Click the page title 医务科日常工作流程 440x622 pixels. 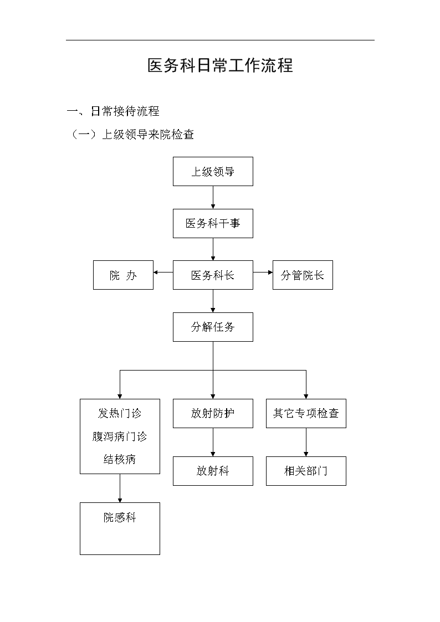click(x=220, y=65)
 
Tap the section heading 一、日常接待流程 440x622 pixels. click(x=113, y=111)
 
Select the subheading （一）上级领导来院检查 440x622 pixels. click(x=131, y=135)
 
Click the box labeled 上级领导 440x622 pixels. click(x=213, y=171)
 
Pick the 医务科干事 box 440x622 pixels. click(x=213, y=223)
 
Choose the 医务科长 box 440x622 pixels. click(x=213, y=275)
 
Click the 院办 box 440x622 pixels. click(x=124, y=275)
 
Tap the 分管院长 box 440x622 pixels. click(x=303, y=275)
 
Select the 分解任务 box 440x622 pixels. click(x=213, y=327)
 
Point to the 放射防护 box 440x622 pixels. click(x=213, y=413)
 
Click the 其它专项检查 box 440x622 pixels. click(x=306, y=413)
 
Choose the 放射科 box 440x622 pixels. click(x=213, y=471)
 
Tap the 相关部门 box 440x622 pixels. click(x=306, y=471)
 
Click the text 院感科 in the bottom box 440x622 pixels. click(x=120, y=517)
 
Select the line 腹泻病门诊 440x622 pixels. click(x=120, y=436)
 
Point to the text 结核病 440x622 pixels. click(x=120, y=459)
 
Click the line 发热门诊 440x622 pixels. click(x=120, y=413)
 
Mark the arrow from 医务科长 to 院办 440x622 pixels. click(x=163, y=272)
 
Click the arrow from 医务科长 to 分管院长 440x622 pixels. click(x=263, y=272)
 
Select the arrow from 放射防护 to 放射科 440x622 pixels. click(x=213, y=443)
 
